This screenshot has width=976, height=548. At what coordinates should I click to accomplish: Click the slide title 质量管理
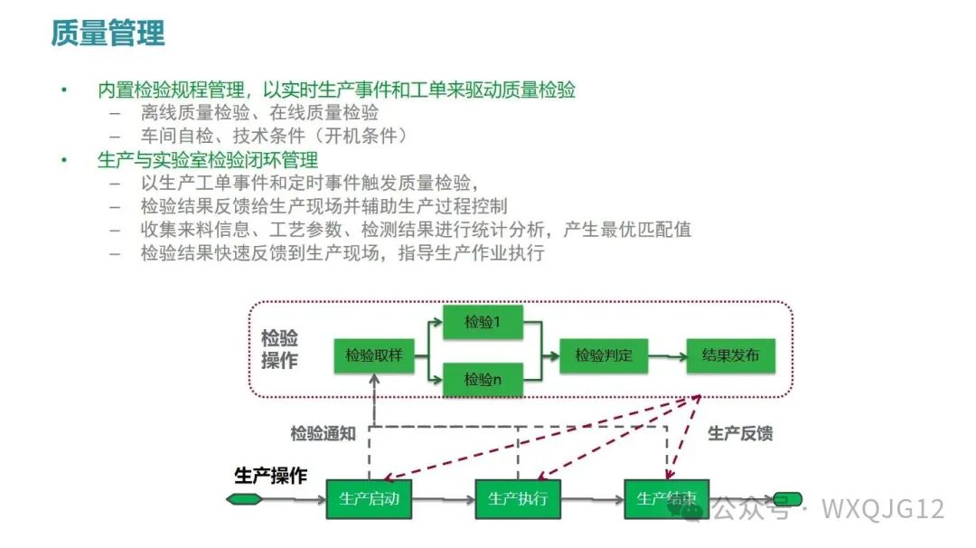point(108,33)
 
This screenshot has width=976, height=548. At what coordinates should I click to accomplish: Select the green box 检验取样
point(373,356)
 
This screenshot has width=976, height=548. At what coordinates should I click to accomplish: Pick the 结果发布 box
point(731,356)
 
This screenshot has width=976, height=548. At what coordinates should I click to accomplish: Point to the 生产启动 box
point(369,499)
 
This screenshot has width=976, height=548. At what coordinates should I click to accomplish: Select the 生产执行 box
point(518,499)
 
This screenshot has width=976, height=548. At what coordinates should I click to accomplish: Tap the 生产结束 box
point(666,499)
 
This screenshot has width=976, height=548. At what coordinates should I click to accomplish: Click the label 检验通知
point(323,433)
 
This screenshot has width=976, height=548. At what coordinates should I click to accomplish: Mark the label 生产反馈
point(740,433)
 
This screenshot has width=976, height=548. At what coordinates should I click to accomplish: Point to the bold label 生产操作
point(271,477)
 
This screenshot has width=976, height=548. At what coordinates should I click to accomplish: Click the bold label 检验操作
point(279,349)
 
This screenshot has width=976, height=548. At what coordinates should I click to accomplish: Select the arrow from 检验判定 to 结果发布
point(668,356)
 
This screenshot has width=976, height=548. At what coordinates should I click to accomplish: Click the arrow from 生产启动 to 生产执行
point(443,499)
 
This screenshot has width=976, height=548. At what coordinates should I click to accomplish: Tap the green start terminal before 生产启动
point(245,499)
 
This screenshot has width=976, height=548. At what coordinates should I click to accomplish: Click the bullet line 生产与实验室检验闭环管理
point(207,160)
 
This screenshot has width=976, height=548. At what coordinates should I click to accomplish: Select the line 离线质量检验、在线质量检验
point(259,113)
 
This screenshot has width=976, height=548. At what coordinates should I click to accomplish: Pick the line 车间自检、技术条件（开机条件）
point(274,137)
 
